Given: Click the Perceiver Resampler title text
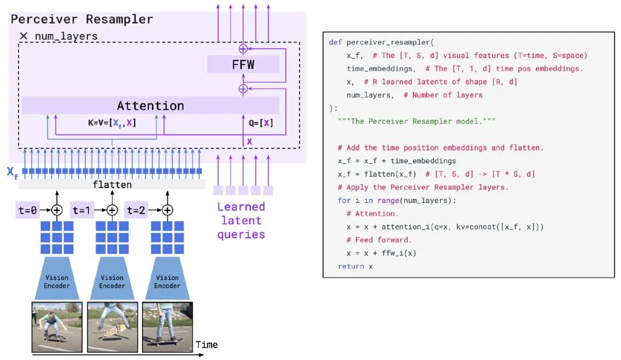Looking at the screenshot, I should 82,19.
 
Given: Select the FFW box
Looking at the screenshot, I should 243,64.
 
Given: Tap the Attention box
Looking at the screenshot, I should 150,106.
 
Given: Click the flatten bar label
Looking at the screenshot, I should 112,185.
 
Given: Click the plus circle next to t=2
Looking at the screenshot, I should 167,210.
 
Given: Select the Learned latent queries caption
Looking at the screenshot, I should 240,220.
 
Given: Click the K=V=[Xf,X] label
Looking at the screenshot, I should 108,122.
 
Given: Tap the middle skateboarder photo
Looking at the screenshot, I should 112,327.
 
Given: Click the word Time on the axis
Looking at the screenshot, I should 206,344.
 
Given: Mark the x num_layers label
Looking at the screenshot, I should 59,36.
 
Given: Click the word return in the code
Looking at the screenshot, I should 351,266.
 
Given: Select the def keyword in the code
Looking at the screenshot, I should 335,43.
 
